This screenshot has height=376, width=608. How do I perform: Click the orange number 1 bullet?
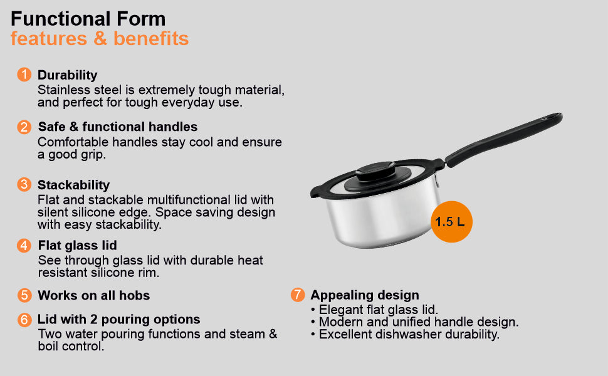(x=24, y=75)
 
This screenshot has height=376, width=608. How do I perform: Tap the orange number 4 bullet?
(x=24, y=246)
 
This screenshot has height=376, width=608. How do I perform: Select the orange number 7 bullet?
(x=297, y=295)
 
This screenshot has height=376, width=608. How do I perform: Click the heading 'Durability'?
(x=68, y=75)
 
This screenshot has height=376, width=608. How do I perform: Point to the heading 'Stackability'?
(x=74, y=185)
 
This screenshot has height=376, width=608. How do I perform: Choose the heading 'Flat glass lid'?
(x=78, y=246)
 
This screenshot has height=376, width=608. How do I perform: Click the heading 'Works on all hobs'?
(x=94, y=295)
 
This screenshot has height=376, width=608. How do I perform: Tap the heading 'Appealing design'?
(x=365, y=295)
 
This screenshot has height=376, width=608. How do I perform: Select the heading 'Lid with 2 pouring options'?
(x=118, y=319)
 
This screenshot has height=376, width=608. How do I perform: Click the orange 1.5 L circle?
(x=451, y=222)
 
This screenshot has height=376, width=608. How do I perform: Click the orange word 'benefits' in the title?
(x=151, y=38)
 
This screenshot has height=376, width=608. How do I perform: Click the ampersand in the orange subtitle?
(x=100, y=39)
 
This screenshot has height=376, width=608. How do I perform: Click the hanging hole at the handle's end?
(x=550, y=117)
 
